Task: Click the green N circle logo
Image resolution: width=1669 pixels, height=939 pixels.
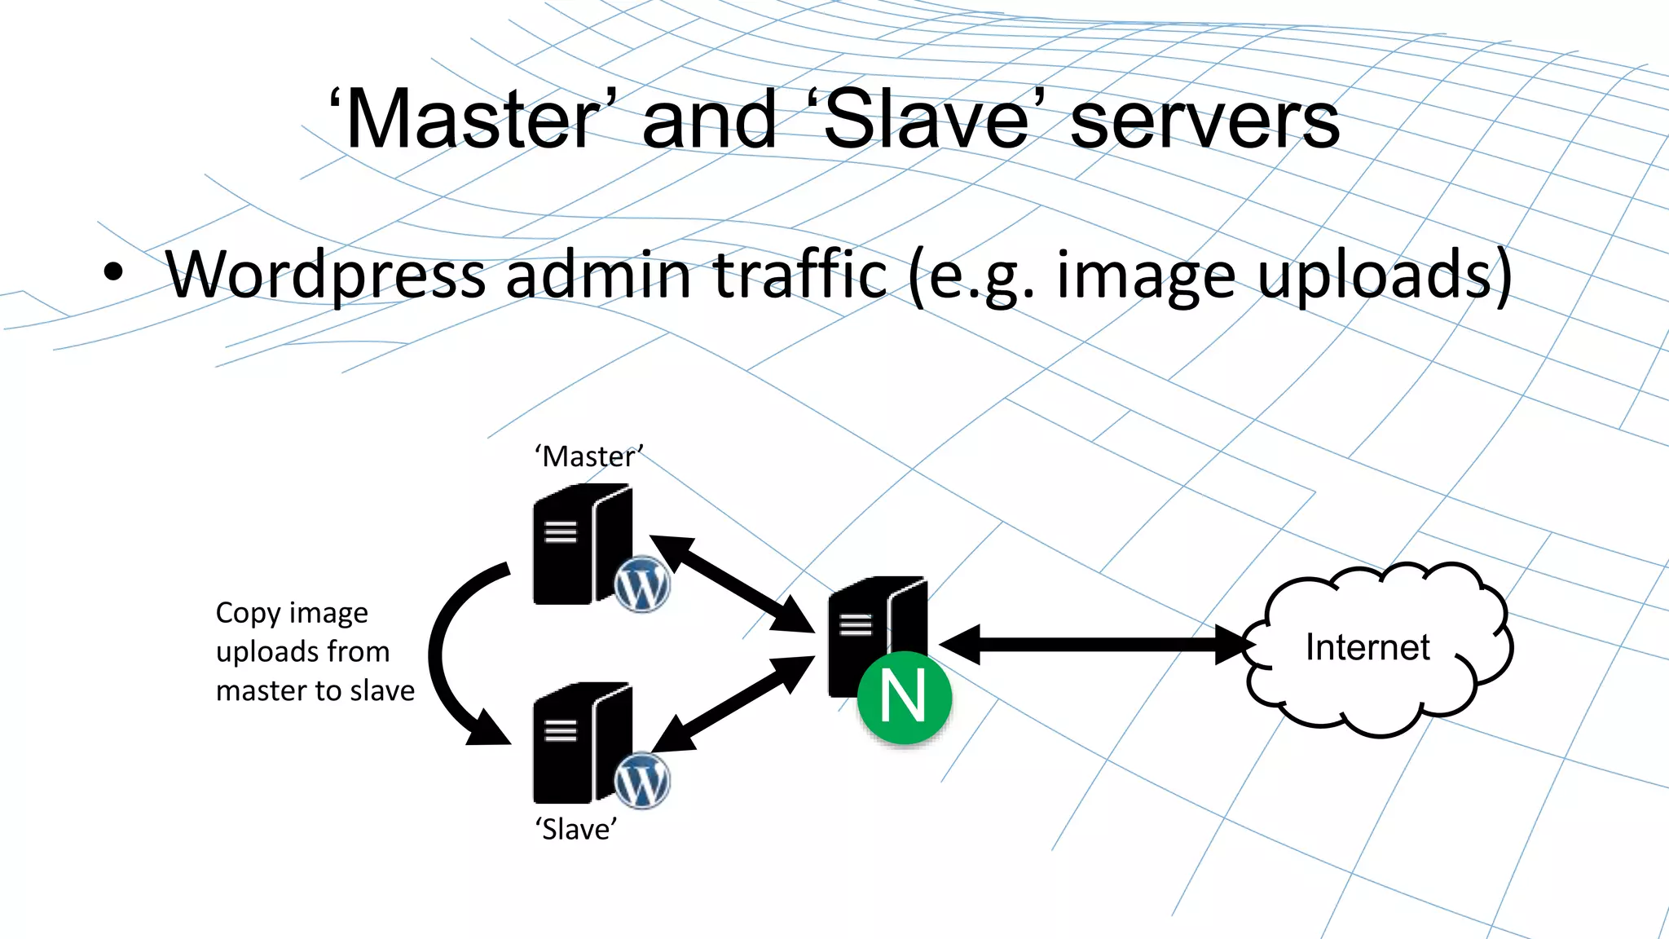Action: [904, 697]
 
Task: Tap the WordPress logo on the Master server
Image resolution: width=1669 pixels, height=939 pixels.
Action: [642, 584]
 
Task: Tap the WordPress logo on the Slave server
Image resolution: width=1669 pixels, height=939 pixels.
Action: [642, 781]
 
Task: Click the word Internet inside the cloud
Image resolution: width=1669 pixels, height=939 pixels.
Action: [1367, 647]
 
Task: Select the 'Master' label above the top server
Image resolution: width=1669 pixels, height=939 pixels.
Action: [589, 456]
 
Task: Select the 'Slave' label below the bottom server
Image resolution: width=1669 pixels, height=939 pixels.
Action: [576, 829]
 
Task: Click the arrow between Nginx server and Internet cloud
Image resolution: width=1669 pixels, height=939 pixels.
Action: [1096, 645]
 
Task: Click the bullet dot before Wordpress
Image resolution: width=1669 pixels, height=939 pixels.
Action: [113, 273]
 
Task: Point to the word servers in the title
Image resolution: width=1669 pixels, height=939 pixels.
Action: [1204, 121]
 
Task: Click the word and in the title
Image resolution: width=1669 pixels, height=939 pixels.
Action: [709, 121]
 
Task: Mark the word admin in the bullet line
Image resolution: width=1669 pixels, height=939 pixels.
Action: [600, 276]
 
